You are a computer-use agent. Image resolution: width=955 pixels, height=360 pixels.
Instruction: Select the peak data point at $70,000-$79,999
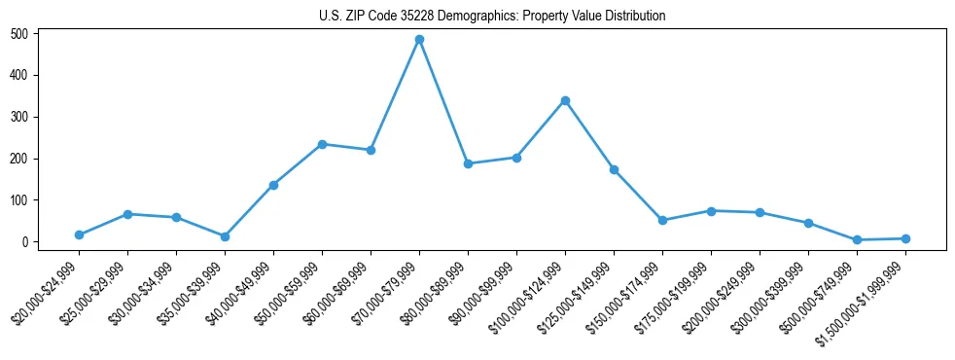419,40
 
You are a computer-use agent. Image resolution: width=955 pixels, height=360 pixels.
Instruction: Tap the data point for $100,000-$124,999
565,100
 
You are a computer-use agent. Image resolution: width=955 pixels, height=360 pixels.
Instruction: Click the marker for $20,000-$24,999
79,234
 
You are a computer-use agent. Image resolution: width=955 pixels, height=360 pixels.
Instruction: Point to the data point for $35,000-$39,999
225,236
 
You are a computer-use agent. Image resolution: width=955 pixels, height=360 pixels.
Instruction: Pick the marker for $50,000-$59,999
322,144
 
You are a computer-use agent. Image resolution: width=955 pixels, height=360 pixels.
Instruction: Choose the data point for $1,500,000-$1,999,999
905,238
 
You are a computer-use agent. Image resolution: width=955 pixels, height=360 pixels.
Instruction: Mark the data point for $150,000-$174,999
662,220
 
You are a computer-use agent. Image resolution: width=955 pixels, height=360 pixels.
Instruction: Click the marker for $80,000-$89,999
468,163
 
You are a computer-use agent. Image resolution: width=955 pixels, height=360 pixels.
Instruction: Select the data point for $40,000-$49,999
273,185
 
